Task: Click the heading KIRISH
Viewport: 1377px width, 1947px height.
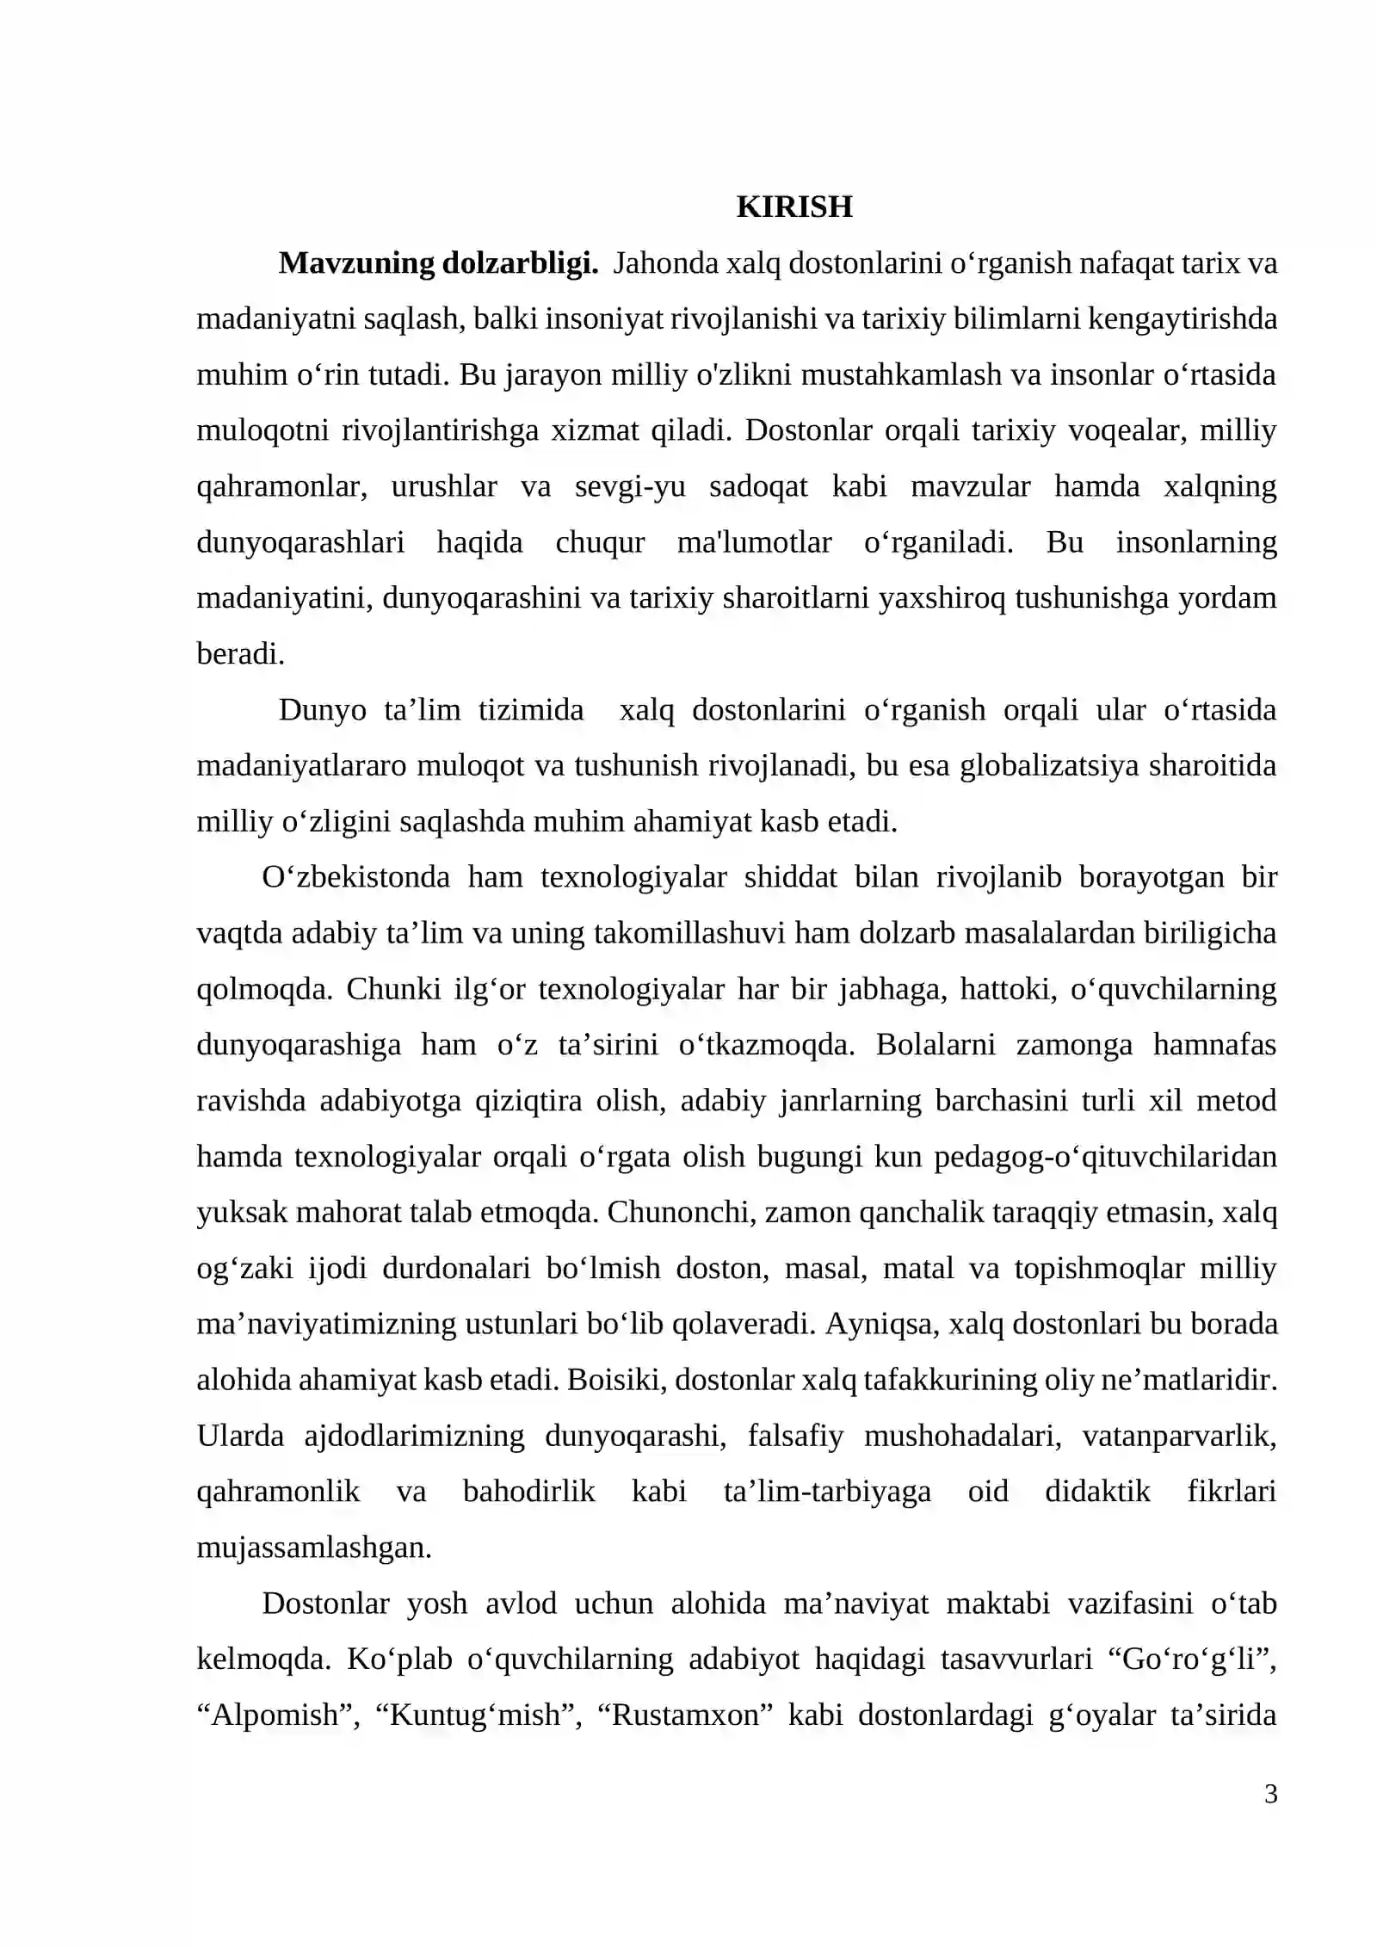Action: [x=793, y=207]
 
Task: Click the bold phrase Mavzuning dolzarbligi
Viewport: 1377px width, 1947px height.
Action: [x=438, y=263]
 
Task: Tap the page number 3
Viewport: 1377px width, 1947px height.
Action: [x=1270, y=1794]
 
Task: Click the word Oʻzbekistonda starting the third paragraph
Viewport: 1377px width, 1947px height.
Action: [x=355, y=877]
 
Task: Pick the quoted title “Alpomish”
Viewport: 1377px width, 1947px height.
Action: [x=278, y=1715]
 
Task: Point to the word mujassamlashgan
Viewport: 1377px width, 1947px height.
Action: [x=313, y=1548]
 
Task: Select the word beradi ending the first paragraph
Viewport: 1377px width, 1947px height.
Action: [x=239, y=654]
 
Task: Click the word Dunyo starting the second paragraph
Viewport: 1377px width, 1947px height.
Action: [x=322, y=710]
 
